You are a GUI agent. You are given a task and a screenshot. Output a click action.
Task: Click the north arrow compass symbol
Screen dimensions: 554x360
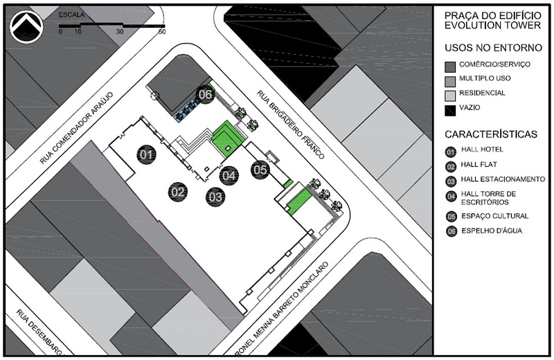26,26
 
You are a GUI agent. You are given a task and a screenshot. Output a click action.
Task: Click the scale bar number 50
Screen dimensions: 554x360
162,31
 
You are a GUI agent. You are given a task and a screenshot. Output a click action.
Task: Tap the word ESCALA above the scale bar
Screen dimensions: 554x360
71,15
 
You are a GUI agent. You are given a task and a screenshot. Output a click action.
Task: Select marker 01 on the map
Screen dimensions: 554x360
146,154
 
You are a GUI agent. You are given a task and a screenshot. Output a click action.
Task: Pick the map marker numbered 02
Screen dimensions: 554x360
178,192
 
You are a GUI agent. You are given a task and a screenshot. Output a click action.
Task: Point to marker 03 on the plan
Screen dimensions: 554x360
215,197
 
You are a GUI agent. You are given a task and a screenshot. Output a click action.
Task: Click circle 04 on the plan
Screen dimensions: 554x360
229,175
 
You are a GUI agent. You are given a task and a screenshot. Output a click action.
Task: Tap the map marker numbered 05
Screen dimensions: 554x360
260,170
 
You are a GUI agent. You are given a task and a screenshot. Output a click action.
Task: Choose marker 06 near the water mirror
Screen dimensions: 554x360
205,94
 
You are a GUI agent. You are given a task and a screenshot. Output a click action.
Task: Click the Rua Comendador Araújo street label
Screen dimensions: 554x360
77,128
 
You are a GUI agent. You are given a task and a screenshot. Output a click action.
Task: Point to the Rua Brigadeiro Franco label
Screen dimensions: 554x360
290,125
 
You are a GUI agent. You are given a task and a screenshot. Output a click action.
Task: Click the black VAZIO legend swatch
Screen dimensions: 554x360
450,111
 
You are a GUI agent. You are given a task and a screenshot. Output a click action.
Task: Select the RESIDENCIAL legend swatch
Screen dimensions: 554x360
450,96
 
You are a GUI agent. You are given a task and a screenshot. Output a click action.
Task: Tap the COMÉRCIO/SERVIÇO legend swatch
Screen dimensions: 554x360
450,67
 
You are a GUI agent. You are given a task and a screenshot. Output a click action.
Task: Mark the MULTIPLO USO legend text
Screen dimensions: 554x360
485,78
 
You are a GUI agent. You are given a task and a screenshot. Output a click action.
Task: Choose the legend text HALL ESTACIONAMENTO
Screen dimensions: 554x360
503,179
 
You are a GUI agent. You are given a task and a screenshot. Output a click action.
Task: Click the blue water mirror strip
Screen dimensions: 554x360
187,111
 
